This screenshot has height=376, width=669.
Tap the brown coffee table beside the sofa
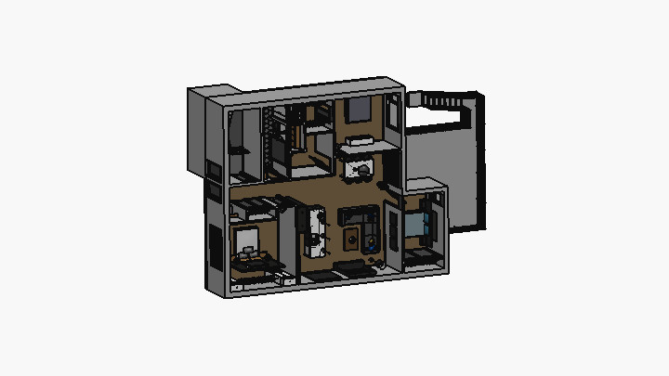coord(352,240)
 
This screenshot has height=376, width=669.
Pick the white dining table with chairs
coord(314,231)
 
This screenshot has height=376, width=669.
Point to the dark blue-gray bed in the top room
coord(357,112)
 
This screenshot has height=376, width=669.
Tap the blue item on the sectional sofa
coord(372,245)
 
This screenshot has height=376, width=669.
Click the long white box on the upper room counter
coord(357,142)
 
